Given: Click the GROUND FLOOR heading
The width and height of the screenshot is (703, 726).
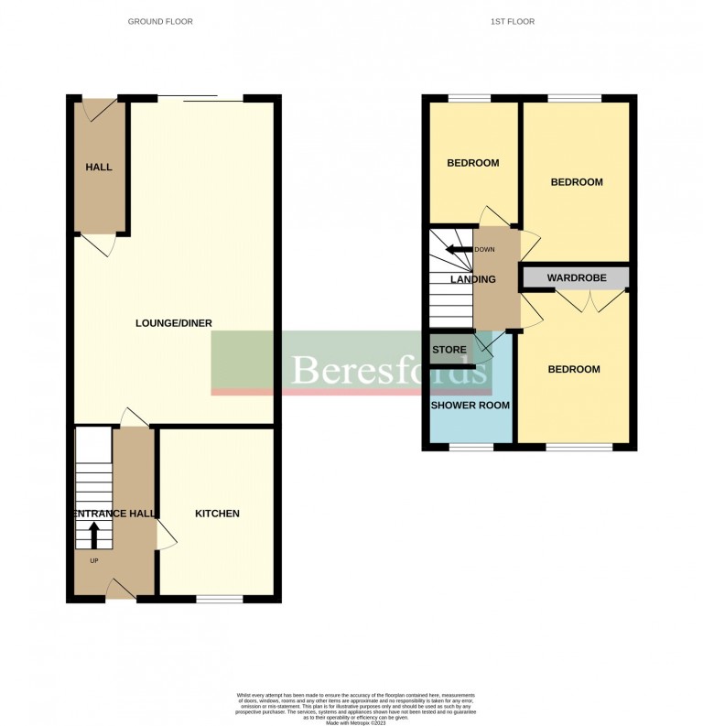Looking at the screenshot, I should point(160,21).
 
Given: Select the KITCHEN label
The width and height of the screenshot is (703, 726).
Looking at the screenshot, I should point(217,514).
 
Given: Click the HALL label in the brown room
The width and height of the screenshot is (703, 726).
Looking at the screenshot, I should point(99,168).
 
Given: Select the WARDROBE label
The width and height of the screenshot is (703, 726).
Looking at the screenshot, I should point(574,276).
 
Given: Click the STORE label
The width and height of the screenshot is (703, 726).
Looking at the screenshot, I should point(449,350).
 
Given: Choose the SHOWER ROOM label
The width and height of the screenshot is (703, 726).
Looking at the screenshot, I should point(470,405).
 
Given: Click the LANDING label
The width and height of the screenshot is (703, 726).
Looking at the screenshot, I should point(472,279).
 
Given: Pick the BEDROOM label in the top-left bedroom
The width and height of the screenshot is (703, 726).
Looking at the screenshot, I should point(472,163).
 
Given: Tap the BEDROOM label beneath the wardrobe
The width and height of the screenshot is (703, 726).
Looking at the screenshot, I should point(574,369).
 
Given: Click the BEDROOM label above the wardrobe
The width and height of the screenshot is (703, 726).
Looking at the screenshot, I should point(577,182).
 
